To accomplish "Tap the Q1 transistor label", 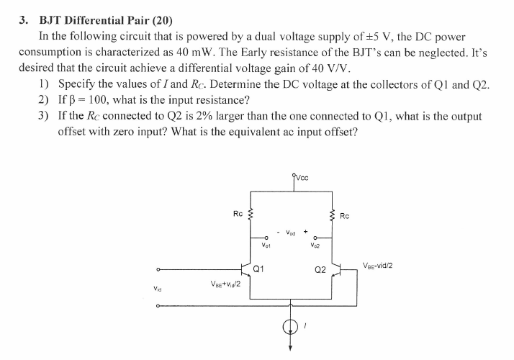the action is (x=258, y=270).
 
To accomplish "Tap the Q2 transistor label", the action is (x=320, y=271).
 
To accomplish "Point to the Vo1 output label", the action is (x=266, y=246).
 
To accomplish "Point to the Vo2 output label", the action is (x=315, y=246).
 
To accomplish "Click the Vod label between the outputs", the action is (x=290, y=232).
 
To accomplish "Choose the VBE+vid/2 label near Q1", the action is (x=225, y=283).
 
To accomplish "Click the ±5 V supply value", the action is (x=374, y=36).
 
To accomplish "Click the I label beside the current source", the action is (x=307, y=328).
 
